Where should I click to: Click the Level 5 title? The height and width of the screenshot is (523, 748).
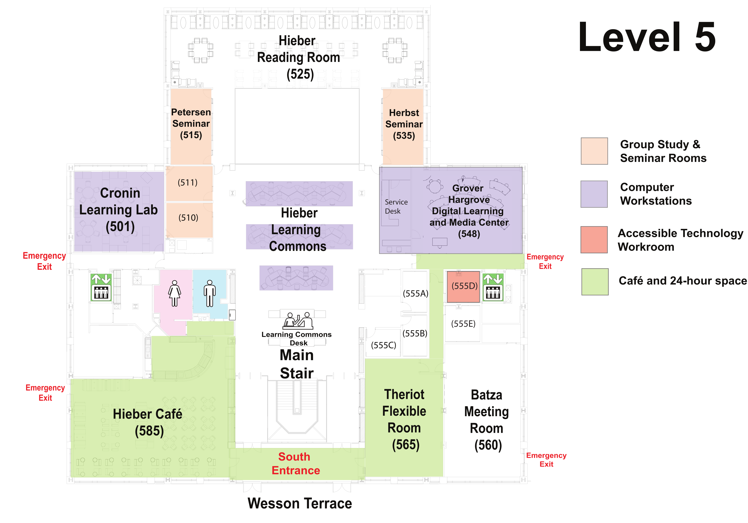coord(647,37)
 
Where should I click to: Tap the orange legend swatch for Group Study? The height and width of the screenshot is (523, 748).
coord(594,151)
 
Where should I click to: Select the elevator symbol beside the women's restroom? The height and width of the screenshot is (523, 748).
coord(101,287)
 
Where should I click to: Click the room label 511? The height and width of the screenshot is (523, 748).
coord(188,183)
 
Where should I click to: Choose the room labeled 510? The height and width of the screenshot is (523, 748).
coord(188,218)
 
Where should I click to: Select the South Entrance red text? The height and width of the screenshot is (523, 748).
coord(295,463)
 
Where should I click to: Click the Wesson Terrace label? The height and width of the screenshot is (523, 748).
coord(299,504)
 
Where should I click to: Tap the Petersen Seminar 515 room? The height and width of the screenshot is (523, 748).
coord(191,124)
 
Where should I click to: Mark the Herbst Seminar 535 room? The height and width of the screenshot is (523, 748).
coord(404,124)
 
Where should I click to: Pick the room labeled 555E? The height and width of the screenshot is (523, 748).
coord(463,324)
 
